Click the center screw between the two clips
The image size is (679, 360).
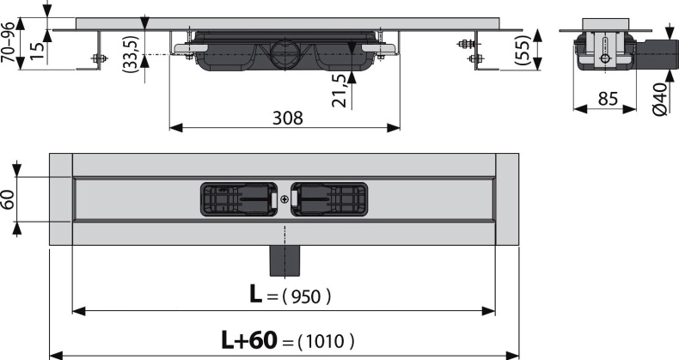[284, 198]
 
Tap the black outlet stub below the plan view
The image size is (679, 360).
[284, 255]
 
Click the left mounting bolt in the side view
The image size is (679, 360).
[96, 58]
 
